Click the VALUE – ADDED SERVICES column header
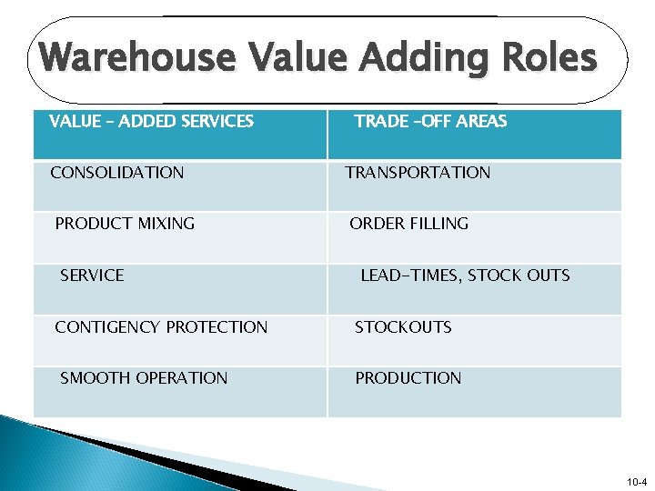pyautogui.click(x=151, y=121)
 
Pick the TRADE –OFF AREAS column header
pyautogui.click(x=430, y=121)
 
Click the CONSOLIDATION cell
pyautogui.click(x=116, y=173)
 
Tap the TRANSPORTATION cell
pyautogui.click(x=418, y=173)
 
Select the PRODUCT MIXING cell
pyautogui.click(x=125, y=224)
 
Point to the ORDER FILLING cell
pyautogui.click(x=409, y=224)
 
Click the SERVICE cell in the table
pyautogui.click(x=92, y=276)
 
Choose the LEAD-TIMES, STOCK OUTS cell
pyautogui.click(x=465, y=276)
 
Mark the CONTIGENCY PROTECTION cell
pyautogui.click(x=161, y=327)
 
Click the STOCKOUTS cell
pyautogui.click(x=403, y=327)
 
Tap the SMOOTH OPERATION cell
pyautogui.click(x=144, y=378)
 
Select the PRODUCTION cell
pyautogui.click(x=408, y=378)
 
